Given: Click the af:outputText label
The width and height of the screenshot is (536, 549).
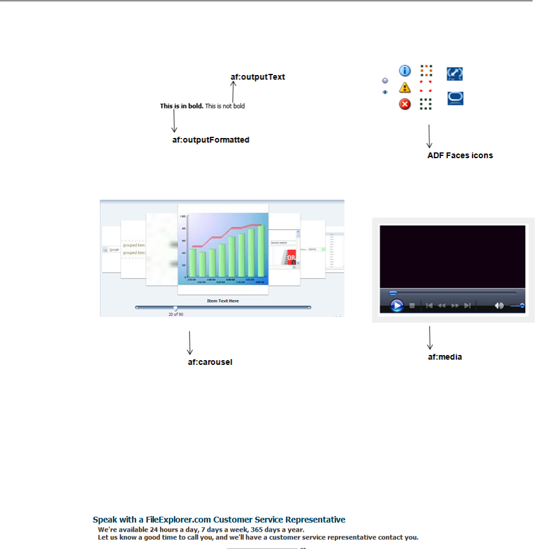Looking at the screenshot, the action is click(258, 77).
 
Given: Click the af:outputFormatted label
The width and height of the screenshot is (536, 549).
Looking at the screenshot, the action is click(210, 140).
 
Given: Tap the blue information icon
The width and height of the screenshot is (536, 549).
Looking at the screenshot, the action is click(405, 70).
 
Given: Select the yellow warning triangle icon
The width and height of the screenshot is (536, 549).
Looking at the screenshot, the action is click(405, 88).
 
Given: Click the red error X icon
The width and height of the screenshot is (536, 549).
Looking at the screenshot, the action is click(405, 104).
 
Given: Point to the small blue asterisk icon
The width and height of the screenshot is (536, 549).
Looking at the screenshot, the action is click(386, 92).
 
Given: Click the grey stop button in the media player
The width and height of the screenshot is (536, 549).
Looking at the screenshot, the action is click(412, 305).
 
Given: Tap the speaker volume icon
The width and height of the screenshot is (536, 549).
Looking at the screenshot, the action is click(499, 305).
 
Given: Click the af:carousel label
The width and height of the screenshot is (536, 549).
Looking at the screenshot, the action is click(210, 363).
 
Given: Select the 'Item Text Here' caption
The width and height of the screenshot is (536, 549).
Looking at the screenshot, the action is click(223, 301).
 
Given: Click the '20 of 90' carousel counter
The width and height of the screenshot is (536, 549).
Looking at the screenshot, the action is click(176, 315).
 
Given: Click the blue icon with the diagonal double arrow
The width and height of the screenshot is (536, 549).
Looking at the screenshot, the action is click(455, 74).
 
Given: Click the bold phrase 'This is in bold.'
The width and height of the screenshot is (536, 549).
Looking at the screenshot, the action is click(182, 106).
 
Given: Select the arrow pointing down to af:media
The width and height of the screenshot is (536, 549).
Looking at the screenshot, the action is click(430, 337).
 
